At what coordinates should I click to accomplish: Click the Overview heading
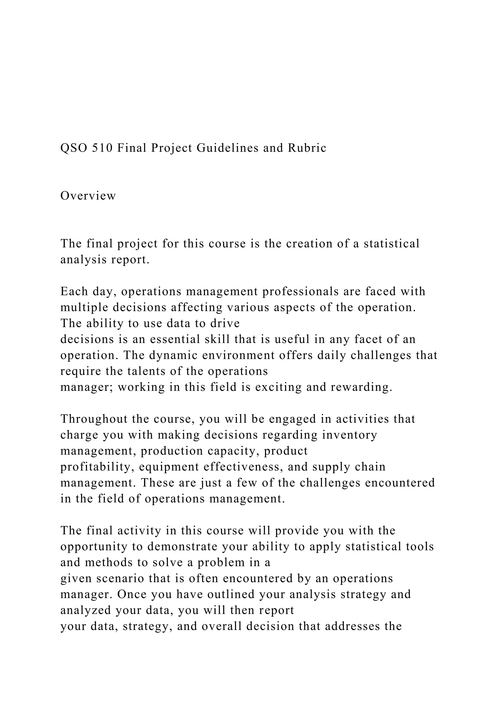click(x=88, y=196)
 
